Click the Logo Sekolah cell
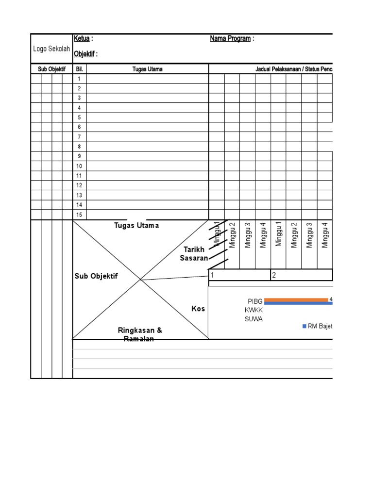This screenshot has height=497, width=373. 51,49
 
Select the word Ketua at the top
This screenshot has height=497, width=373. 81,39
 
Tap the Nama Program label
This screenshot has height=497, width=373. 230,39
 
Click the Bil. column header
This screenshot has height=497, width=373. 80,69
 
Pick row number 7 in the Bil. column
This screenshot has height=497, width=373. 79,137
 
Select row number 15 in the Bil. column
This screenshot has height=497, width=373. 79,215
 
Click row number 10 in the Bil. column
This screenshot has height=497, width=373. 79,166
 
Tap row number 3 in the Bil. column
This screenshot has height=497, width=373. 79,98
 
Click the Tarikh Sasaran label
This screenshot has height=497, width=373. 194,254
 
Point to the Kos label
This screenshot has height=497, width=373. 198,309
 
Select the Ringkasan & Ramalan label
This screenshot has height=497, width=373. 140,334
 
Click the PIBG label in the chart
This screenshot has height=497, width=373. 255,301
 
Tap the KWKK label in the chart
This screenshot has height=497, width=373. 254,310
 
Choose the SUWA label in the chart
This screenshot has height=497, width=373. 254,319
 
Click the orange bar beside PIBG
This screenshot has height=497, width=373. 296,299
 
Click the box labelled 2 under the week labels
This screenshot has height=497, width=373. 301,275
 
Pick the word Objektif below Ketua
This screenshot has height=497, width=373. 84,54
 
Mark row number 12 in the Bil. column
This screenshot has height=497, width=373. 79,185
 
